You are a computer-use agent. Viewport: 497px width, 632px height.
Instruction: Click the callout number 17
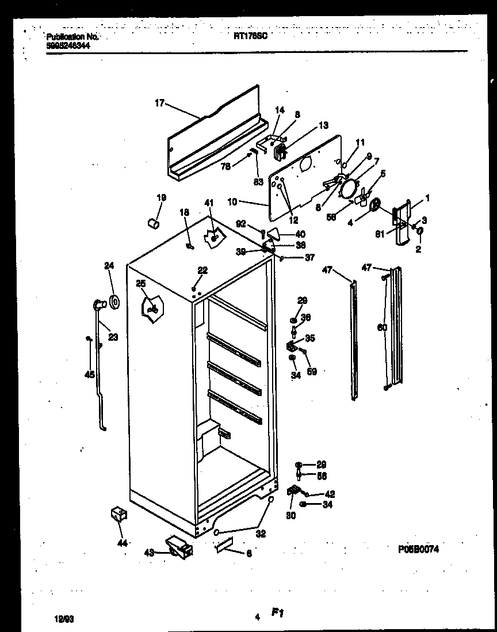coord(159,103)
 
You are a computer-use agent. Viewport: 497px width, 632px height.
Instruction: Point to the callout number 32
coord(261,534)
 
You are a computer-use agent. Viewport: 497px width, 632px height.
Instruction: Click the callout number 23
coord(113,337)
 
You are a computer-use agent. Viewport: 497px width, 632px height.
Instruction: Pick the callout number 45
coord(89,375)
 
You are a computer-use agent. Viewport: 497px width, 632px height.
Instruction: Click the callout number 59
coord(312,371)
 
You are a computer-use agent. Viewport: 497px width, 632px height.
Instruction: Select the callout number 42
coord(330,494)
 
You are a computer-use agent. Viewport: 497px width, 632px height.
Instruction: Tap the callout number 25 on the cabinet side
coord(141,283)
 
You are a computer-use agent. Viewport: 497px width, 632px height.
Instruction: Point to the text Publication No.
coord(72,36)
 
